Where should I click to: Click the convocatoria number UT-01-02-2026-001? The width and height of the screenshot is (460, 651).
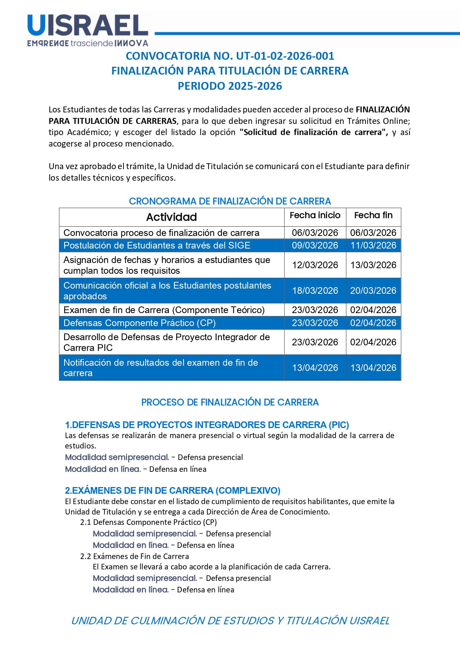(x=285, y=56)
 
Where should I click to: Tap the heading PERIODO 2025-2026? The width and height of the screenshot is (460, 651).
(x=230, y=86)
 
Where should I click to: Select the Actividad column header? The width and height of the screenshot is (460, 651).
(x=171, y=217)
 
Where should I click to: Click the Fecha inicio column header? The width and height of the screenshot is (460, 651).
(x=315, y=215)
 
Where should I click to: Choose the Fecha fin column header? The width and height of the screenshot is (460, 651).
(x=373, y=215)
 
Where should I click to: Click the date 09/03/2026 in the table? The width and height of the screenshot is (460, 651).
(x=315, y=246)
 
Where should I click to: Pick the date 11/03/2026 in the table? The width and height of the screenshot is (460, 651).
(x=373, y=246)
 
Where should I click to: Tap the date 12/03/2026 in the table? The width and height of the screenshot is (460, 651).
(x=315, y=265)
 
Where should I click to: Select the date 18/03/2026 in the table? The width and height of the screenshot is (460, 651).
(x=315, y=291)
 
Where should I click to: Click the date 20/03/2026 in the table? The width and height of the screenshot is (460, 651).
(x=373, y=291)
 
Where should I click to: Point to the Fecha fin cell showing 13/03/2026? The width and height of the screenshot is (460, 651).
(x=373, y=265)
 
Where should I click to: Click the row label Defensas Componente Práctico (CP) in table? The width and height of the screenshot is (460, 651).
(x=139, y=323)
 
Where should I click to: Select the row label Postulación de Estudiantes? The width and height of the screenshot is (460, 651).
(x=157, y=246)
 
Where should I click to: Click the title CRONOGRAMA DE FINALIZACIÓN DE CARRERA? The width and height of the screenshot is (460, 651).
(x=230, y=201)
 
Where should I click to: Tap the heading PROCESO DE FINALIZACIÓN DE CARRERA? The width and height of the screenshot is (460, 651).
(x=230, y=402)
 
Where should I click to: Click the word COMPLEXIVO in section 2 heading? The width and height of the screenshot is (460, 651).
(x=249, y=491)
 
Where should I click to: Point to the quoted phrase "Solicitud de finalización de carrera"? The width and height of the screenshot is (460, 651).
(x=313, y=132)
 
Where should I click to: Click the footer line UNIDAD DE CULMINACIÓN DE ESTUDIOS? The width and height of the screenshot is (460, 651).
(x=230, y=621)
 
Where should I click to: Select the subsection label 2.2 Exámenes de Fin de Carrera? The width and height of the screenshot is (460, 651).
(x=135, y=556)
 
